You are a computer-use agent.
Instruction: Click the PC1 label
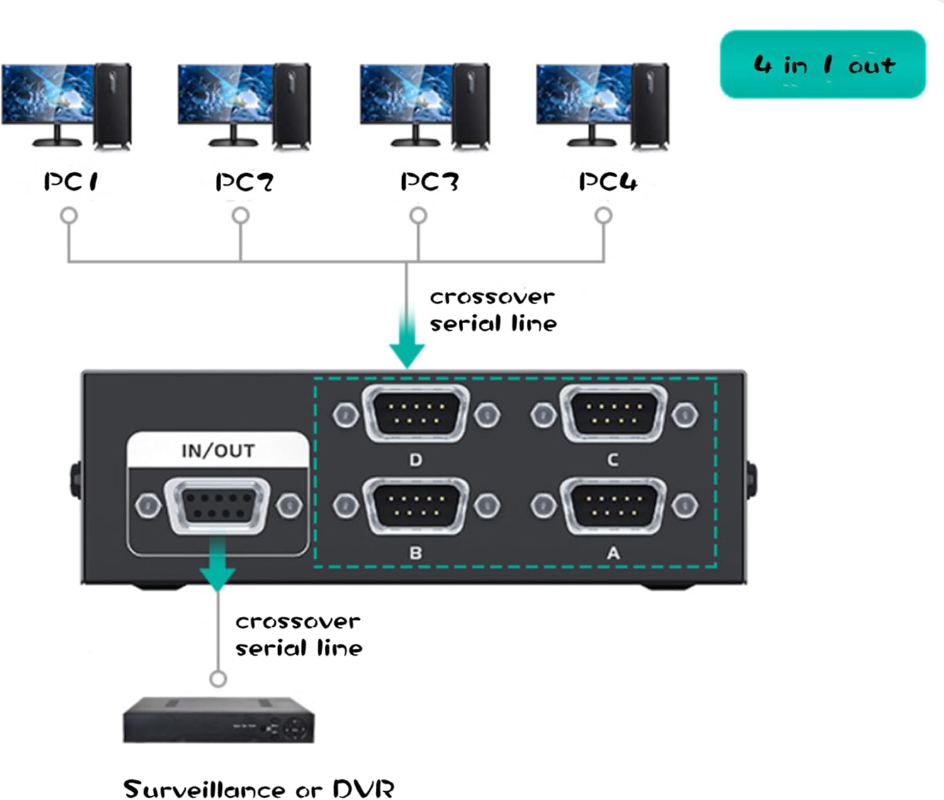(70, 181)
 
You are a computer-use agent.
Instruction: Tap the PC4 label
(608, 181)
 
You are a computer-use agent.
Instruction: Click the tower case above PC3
(471, 106)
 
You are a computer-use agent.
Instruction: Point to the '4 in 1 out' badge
(823, 64)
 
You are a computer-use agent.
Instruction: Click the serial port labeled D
(416, 413)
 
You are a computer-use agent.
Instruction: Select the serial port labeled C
(614, 413)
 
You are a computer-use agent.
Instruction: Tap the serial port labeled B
(416, 506)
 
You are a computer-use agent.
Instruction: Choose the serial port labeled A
(614, 506)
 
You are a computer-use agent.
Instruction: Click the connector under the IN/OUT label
(217, 506)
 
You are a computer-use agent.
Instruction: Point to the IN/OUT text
(218, 451)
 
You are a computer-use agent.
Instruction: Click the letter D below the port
(415, 460)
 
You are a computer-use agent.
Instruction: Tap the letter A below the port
(614, 553)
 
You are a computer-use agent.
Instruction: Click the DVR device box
(219, 721)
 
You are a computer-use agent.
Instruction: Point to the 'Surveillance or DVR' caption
(259, 789)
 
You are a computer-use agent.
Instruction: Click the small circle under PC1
(69, 216)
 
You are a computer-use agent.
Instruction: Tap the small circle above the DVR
(218, 679)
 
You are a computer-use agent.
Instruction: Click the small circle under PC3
(419, 216)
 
